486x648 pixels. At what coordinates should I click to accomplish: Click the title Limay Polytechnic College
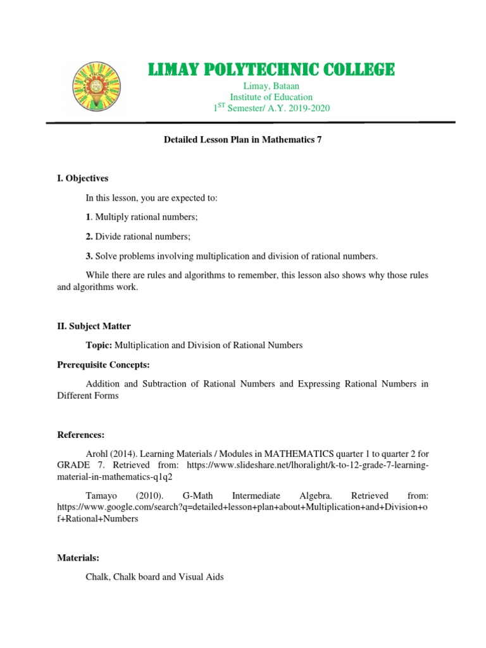[271, 69]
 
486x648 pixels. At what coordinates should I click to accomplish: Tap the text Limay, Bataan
[271, 86]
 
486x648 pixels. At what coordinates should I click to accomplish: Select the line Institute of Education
[271, 97]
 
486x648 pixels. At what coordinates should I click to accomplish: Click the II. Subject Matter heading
[94, 326]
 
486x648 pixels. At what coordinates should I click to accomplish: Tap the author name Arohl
[97, 454]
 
